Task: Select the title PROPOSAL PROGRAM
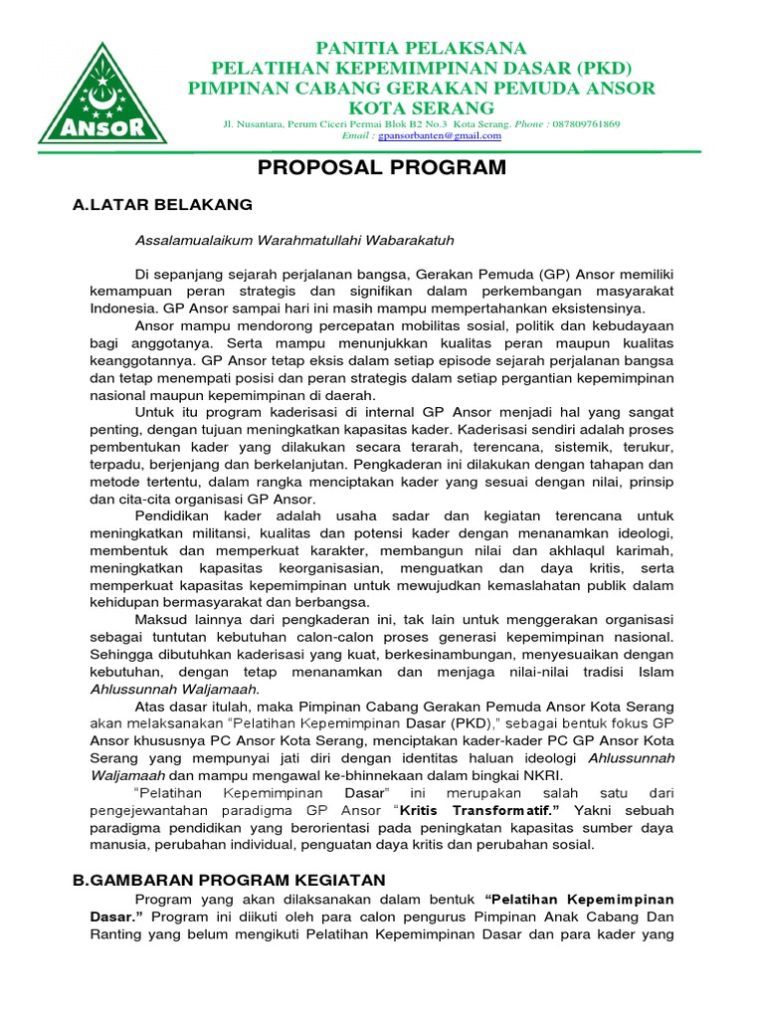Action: (382, 167)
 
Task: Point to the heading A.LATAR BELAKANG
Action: (163, 205)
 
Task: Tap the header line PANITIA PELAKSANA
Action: (421, 49)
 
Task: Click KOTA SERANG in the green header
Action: (421, 107)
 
